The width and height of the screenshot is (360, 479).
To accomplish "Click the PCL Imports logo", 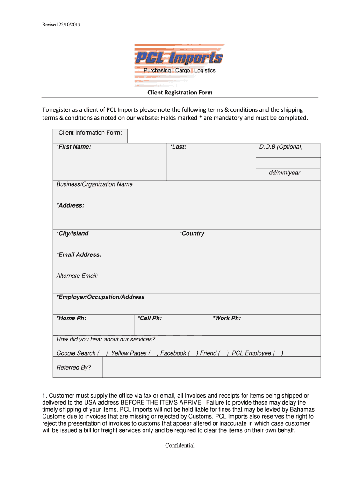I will tap(180, 65).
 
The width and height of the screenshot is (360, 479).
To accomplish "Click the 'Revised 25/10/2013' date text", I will tap(65, 24).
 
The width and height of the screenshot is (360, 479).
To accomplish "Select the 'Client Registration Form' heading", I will tap(180, 93).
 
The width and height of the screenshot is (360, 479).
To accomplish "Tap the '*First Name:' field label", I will tap(74, 147).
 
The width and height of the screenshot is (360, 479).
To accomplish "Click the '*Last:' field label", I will tap(179, 147).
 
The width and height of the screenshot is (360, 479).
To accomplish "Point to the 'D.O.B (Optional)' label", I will tap(281, 147).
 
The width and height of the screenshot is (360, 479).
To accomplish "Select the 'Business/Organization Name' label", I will tap(94, 184).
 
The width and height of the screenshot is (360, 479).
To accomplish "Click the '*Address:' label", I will tap(71, 205).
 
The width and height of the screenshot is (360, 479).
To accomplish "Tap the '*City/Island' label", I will tap(72, 233).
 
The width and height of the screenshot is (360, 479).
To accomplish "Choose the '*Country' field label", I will tap(192, 233).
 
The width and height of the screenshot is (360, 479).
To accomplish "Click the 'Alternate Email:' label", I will tap(77, 276).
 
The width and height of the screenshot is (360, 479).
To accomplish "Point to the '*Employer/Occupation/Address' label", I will tap(101, 297).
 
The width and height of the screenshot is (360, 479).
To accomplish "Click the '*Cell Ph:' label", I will tap(150, 318).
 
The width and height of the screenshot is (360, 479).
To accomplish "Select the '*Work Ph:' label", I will tap(227, 318).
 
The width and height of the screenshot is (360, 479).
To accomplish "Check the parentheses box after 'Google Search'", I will tap(103, 353).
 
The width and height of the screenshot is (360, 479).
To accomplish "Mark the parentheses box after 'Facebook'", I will tap(193, 353).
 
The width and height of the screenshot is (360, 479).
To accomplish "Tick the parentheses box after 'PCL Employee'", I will tap(278, 353).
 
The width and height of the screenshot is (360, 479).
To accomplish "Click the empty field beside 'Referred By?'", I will tap(211, 367).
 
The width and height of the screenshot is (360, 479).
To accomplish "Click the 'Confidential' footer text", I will tap(180, 445).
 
